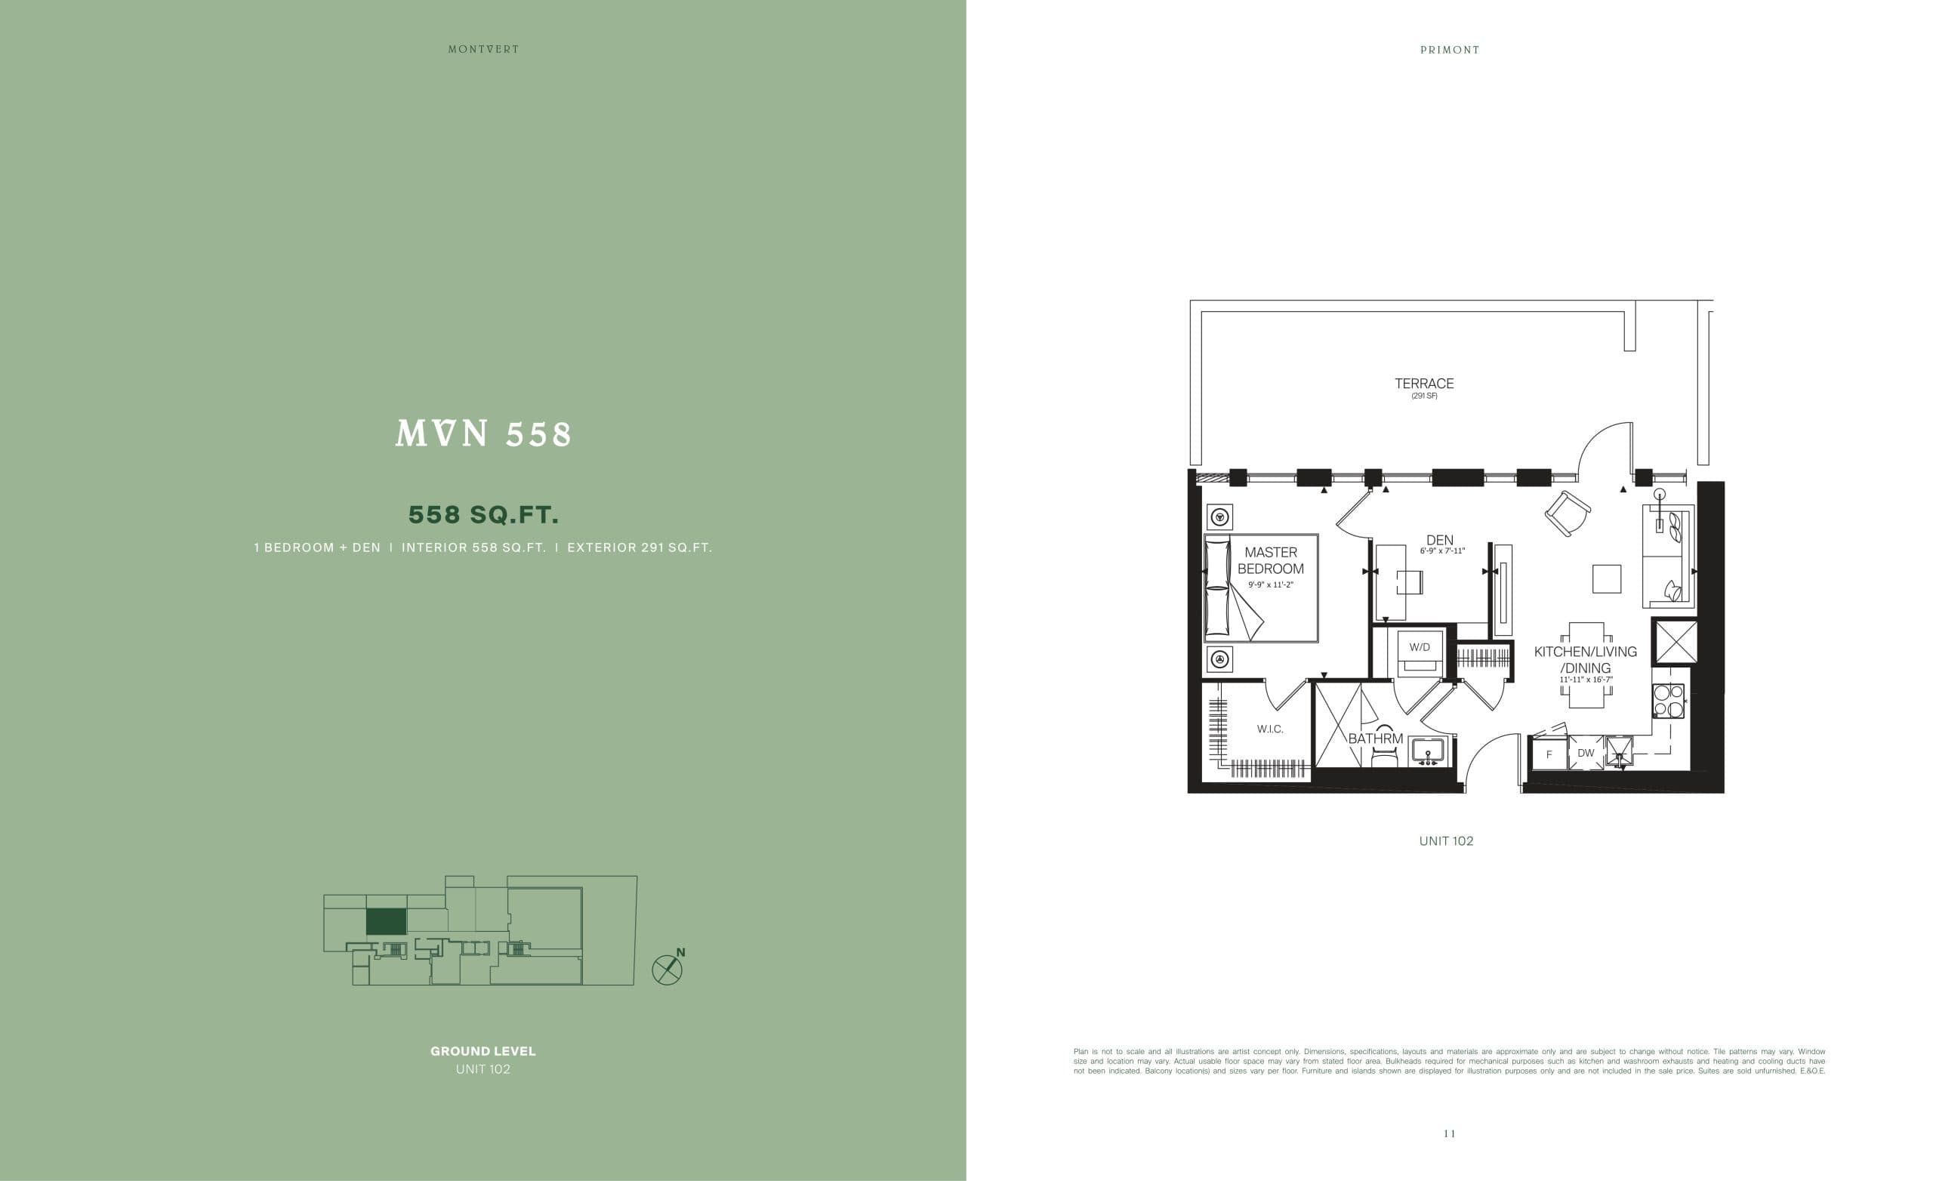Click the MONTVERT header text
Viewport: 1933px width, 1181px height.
(x=483, y=49)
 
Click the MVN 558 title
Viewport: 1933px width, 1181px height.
(x=484, y=434)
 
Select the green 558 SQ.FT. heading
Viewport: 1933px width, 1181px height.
(x=483, y=515)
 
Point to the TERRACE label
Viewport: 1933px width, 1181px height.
(x=1424, y=384)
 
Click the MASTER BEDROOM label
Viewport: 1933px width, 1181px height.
(x=1270, y=560)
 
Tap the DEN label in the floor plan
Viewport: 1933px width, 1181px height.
(x=1439, y=540)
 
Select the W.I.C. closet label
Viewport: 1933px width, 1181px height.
(x=1270, y=729)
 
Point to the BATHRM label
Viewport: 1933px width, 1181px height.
(x=1375, y=739)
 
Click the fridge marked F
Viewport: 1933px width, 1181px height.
(x=1549, y=755)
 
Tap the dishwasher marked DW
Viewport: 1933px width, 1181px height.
(x=1586, y=754)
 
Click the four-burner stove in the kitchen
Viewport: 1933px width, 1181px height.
(x=1668, y=701)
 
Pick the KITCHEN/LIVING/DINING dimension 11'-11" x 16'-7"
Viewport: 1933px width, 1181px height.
(x=1586, y=680)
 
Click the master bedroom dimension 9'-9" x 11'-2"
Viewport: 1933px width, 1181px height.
(x=1270, y=584)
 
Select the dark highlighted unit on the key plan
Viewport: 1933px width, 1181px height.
(x=386, y=921)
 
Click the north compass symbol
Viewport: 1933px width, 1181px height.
(x=667, y=970)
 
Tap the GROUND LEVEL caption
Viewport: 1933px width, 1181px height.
(x=483, y=1050)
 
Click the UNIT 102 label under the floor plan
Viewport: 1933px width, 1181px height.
(x=1446, y=841)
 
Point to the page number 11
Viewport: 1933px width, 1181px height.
(x=1449, y=1133)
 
